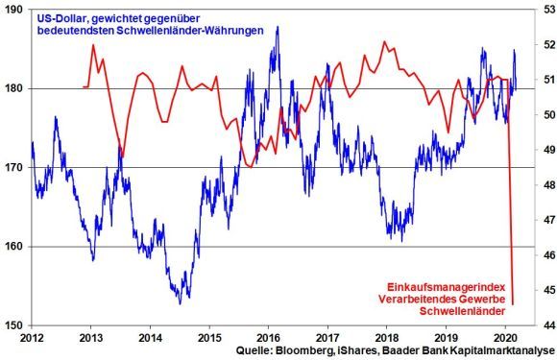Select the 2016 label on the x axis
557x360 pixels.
(268, 338)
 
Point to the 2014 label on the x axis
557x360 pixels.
(150, 338)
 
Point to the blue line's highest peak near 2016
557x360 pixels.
(277, 27)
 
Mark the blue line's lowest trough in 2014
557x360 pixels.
(180, 303)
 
